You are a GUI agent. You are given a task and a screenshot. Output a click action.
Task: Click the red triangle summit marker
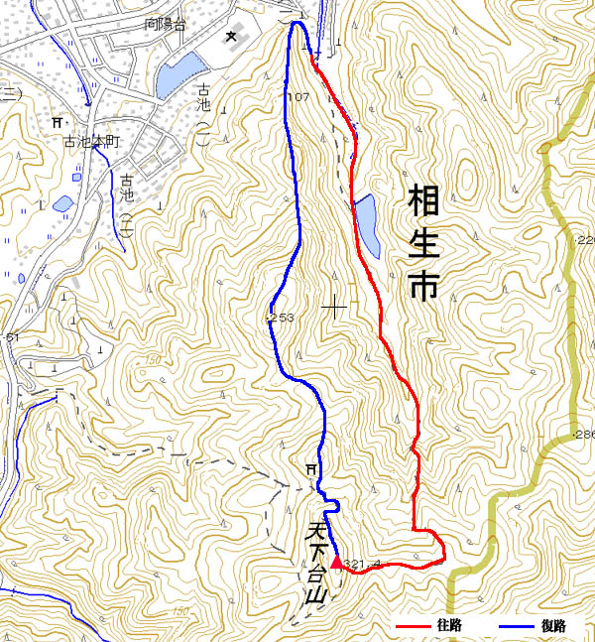(x=336, y=564)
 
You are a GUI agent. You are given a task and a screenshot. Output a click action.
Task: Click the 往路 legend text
(x=448, y=626)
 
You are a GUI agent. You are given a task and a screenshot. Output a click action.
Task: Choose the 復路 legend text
(x=552, y=626)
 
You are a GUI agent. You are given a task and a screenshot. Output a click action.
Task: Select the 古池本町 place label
(x=91, y=143)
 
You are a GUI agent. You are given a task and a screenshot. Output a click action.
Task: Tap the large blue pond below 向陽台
(x=178, y=73)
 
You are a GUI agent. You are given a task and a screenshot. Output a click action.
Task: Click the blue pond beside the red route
(x=366, y=222)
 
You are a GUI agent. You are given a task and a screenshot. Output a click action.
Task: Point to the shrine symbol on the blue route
(x=311, y=468)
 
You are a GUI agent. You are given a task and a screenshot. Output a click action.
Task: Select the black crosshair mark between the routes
(x=334, y=307)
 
